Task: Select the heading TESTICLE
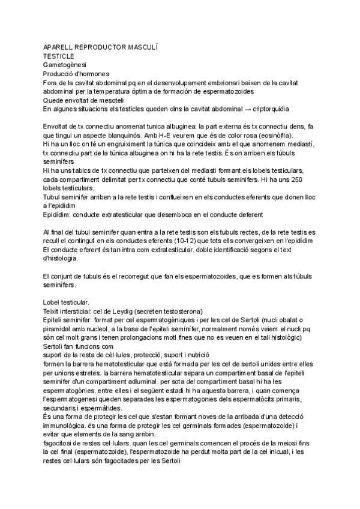coord(61,56)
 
